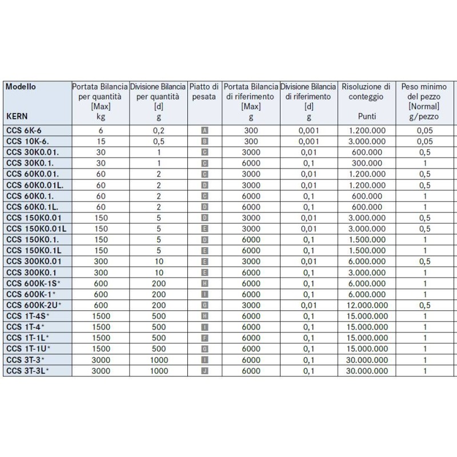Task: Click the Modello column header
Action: click(x=21, y=87)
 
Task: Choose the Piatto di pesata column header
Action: click(x=204, y=92)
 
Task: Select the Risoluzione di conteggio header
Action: click(x=366, y=92)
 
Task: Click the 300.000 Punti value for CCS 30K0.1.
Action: click(x=366, y=163)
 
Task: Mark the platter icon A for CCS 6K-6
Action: click(x=205, y=130)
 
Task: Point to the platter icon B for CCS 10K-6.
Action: click(x=205, y=141)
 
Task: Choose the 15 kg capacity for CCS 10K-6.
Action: click(x=100, y=141)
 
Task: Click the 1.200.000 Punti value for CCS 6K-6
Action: click(x=366, y=130)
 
